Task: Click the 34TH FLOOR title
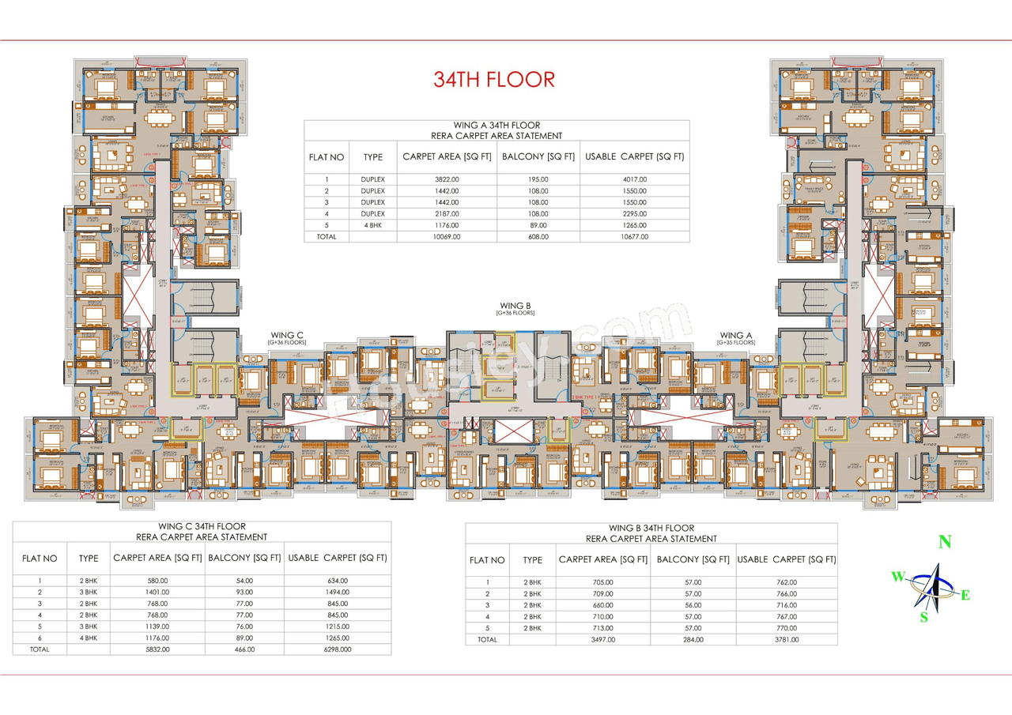pos(494,79)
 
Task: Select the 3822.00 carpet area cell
pos(447,179)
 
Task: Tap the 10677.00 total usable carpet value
pos(635,236)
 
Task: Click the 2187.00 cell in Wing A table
pos(447,213)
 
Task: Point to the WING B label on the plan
pos(515,305)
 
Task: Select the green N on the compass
pos(943,542)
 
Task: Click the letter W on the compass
pos(898,577)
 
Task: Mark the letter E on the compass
pos(965,596)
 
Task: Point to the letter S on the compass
pos(923,618)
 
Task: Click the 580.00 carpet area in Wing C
pos(157,581)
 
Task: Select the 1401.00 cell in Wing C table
pos(157,592)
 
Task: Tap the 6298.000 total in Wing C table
pos(337,649)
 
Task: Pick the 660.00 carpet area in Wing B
pos(602,605)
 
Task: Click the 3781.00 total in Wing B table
pos(786,640)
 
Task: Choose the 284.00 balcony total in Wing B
pos(693,640)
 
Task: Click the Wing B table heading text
pos(651,528)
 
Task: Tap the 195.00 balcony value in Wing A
pos(538,179)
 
